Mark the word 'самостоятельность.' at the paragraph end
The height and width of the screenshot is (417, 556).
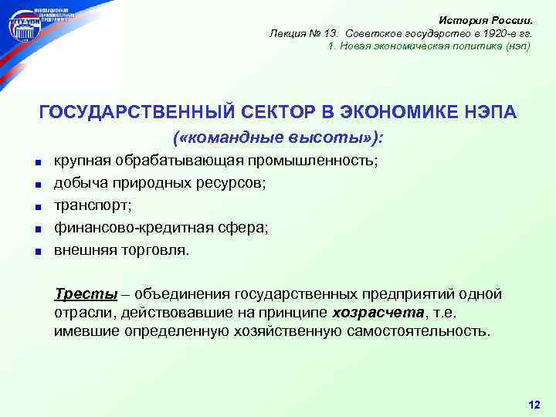click(x=415, y=331)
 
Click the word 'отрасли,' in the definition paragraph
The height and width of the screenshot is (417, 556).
click(x=84, y=313)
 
